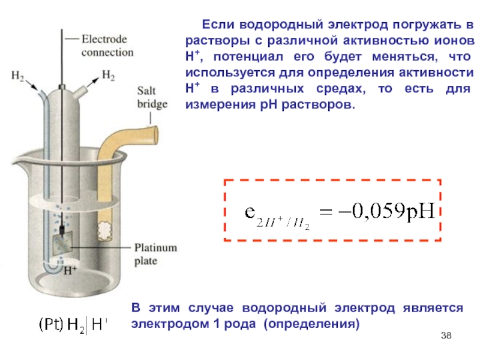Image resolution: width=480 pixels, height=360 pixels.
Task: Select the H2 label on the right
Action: coord(109,76)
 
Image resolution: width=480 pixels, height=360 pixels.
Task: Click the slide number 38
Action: coord(445,335)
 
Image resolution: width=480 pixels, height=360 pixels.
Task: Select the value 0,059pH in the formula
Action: coord(396,212)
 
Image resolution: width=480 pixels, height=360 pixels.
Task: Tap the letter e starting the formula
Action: coord(249,212)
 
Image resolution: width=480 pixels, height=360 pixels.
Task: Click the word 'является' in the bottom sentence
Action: coord(436,308)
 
